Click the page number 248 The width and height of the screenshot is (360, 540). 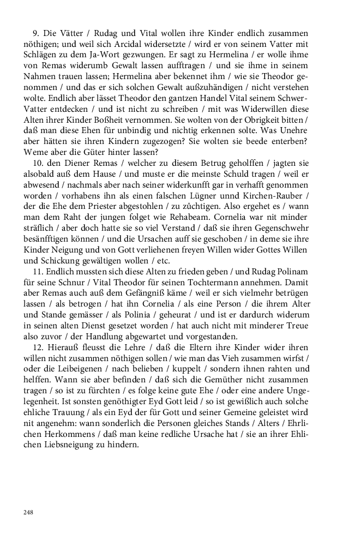click(x=28, y=512)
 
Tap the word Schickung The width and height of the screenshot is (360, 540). click(x=62, y=261)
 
